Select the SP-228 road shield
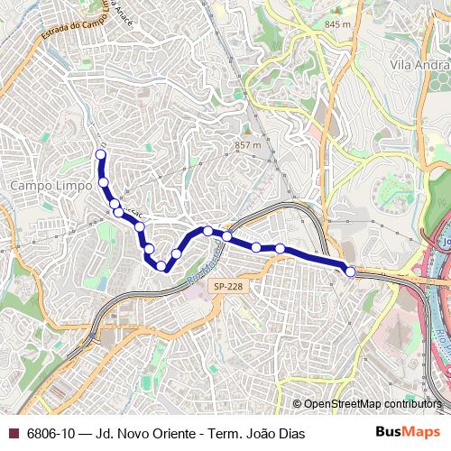pyautogui.click(x=227, y=286)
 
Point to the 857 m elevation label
pyautogui.click(x=247, y=144)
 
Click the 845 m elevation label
pyautogui.click(x=337, y=24)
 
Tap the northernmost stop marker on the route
pyautogui.click(x=101, y=154)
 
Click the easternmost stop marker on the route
pyautogui.click(x=350, y=271)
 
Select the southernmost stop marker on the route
pyautogui.click(x=161, y=265)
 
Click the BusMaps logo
pyautogui.click(x=408, y=433)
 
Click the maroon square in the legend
pyautogui.click(x=13, y=434)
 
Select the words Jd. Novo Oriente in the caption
pyautogui.click(x=145, y=434)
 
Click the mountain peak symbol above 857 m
pyautogui.click(x=246, y=130)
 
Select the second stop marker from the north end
pyautogui.click(x=104, y=182)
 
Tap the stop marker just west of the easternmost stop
pyautogui.click(x=280, y=248)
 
